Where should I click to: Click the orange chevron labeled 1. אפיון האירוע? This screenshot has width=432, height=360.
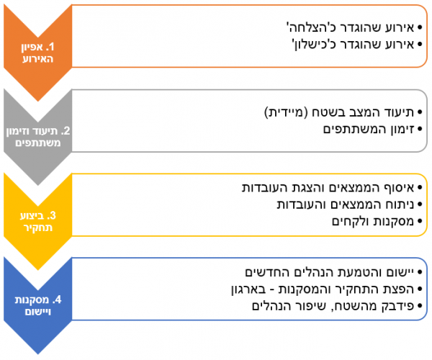(37, 53)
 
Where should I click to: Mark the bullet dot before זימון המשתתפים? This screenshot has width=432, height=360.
(420, 129)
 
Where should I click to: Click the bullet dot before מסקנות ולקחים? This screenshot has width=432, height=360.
(420, 222)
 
